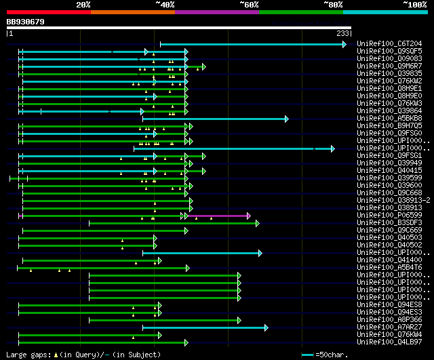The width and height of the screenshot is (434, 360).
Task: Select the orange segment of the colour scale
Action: click(132, 12)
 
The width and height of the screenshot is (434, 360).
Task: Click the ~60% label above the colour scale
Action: click(249, 5)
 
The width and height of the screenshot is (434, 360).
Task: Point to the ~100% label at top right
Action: click(414, 5)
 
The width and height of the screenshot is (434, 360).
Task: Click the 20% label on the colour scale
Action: click(83, 5)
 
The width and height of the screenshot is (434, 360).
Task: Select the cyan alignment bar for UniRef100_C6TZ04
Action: click(251, 45)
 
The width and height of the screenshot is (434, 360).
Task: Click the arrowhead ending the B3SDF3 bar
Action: click(257, 223)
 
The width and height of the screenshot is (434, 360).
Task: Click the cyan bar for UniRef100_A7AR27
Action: click(203, 327)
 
